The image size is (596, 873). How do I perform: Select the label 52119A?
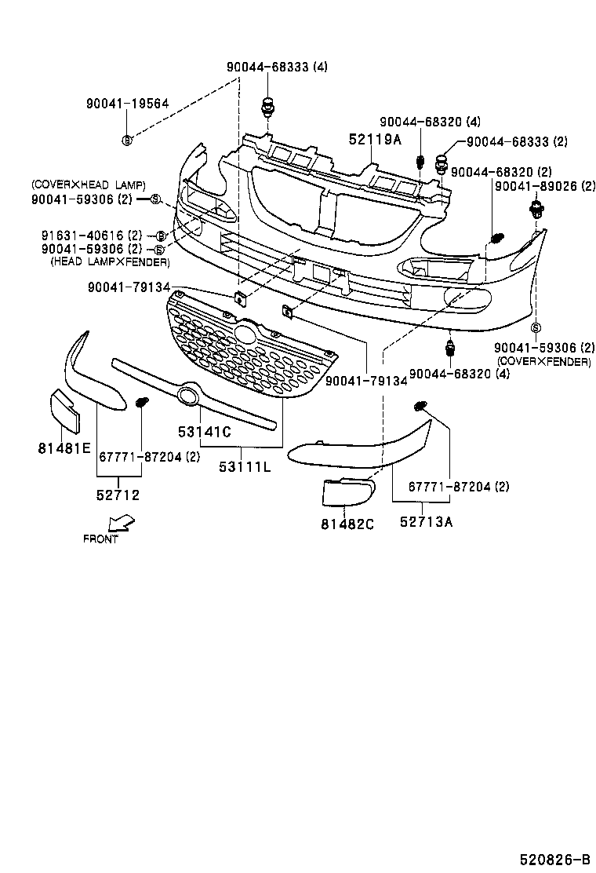tap(375, 140)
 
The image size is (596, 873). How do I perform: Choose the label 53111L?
tap(245, 467)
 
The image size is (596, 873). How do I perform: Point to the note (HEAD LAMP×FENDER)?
tap(109, 261)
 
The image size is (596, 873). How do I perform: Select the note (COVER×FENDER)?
tap(543, 361)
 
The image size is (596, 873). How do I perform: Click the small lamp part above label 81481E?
tap(65, 411)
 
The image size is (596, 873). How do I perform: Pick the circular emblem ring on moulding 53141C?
tap(188, 396)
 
